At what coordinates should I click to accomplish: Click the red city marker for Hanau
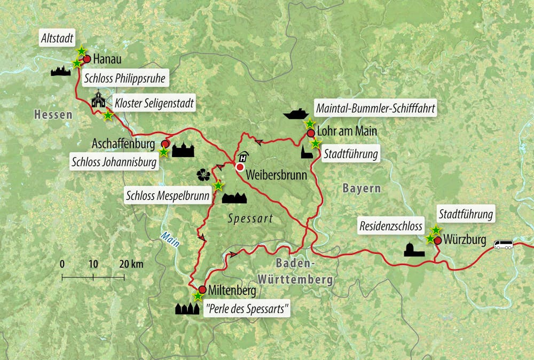[87, 59]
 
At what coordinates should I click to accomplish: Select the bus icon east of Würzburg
[503, 245]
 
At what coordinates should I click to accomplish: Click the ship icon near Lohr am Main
[296, 114]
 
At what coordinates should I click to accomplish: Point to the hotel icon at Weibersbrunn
[244, 156]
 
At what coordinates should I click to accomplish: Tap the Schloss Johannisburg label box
[115, 162]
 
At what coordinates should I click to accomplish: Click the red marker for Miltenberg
[202, 289]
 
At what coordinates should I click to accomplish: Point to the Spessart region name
[250, 218]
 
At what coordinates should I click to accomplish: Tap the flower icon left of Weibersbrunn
[203, 175]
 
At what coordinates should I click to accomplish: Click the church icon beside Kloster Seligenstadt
[98, 99]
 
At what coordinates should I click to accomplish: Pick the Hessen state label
[52, 114]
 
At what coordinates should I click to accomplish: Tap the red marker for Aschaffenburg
[166, 144]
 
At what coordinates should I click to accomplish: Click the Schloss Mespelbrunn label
[167, 195]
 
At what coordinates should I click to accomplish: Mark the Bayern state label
[362, 188]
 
